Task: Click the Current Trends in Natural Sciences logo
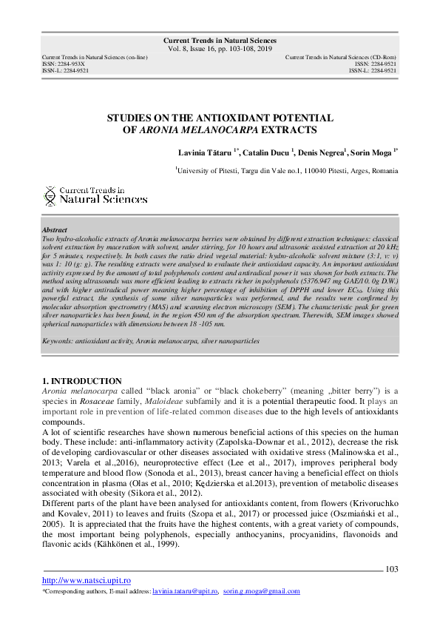[x=95, y=195]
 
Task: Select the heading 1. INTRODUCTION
[x=82, y=381]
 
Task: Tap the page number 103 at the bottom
[x=392, y=569]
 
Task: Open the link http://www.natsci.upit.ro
[x=87, y=581]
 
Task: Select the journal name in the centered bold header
[x=220, y=41]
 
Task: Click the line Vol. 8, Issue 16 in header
[x=220, y=50]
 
